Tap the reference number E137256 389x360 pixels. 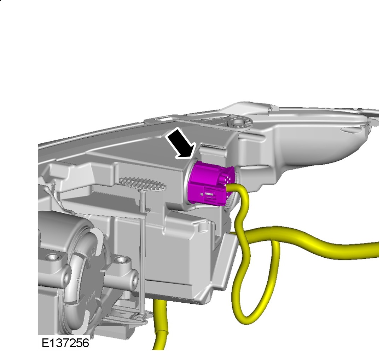(x=65, y=343)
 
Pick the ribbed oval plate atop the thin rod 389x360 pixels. (x=143, y=184)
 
